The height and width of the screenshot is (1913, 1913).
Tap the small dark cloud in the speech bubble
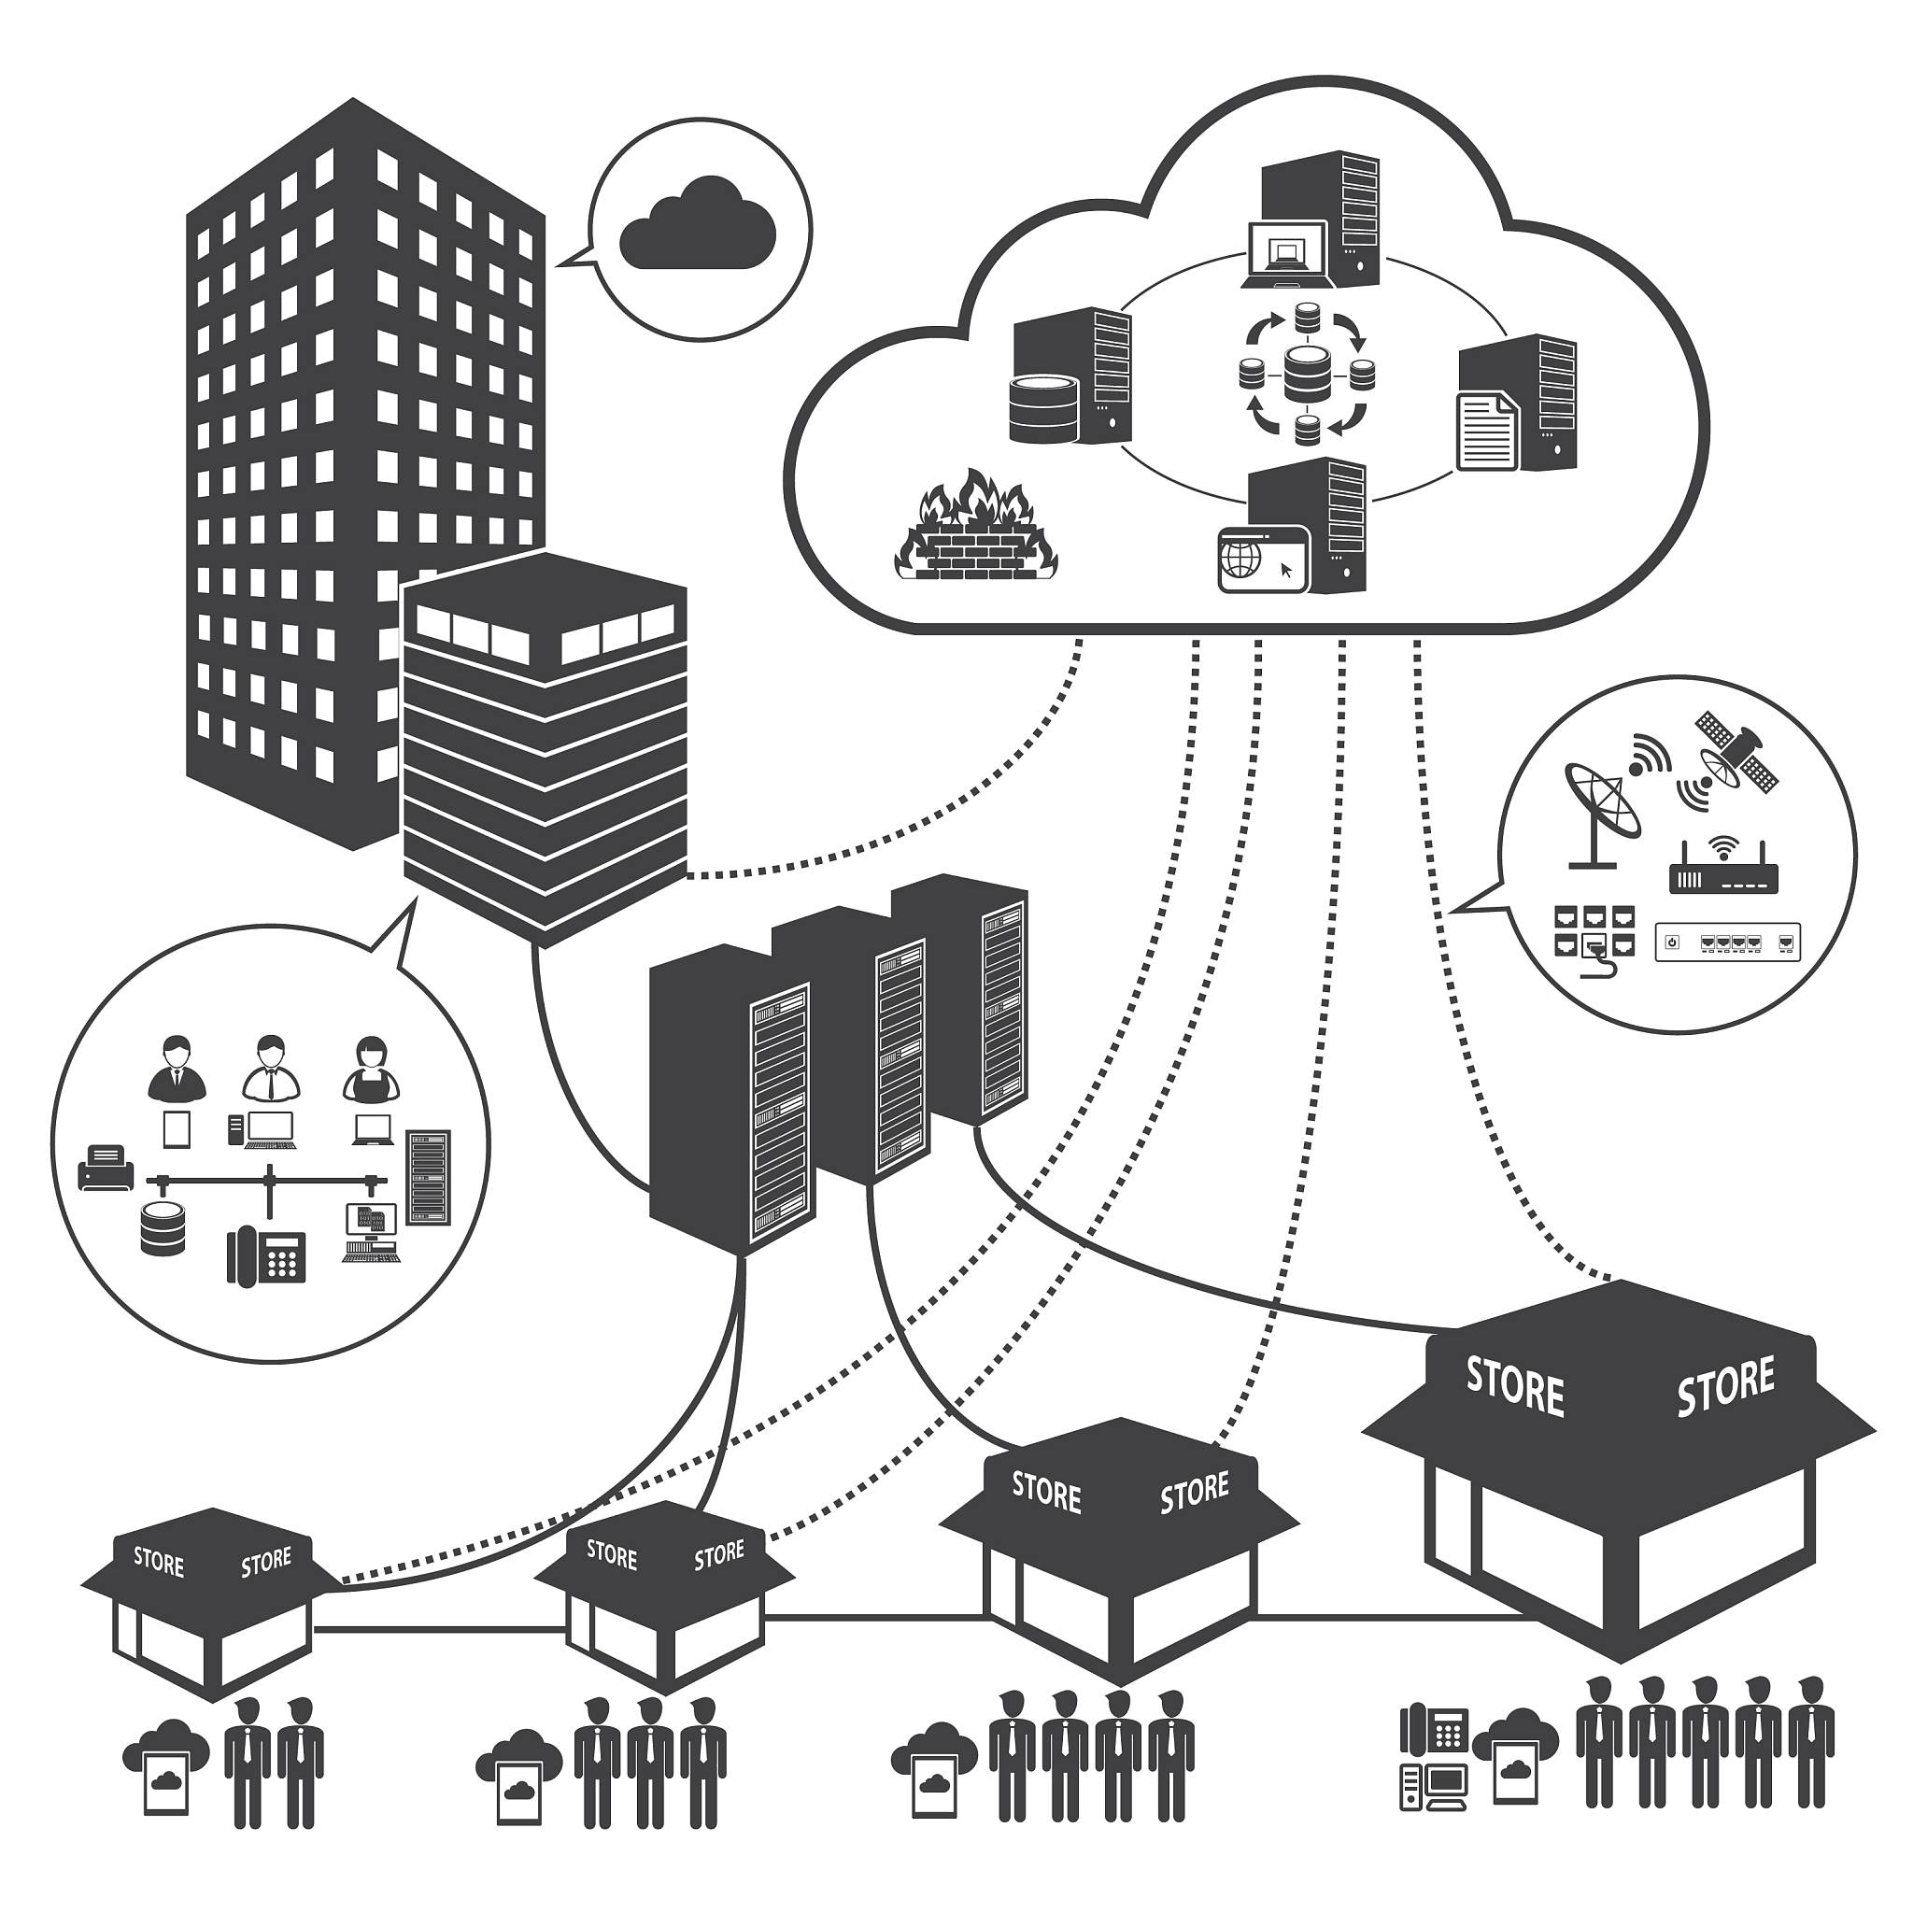tap(697, 225)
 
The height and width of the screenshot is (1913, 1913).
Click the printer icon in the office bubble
tap(106, 1169)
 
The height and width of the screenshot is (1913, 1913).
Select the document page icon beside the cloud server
tap(1487, 430)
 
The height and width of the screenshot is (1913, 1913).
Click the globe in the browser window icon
tap(1241, 560)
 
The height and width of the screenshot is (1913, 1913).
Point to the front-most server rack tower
tap(732, 1099)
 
